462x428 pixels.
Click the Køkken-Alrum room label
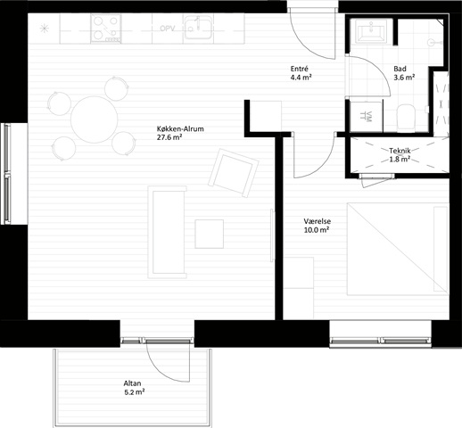pos(180,133)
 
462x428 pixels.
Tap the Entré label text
pos(299,69)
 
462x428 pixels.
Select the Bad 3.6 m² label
pos(404,73)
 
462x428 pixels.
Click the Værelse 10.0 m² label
pos(317,226)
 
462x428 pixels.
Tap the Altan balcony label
pos(135,388)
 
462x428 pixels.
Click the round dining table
pos(95,119)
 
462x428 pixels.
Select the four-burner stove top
pos(106,29)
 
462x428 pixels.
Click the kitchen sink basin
pos(198,28)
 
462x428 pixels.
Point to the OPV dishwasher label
pos(168,29)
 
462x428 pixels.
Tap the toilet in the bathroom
pos(406,118)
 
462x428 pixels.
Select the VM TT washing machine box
pos(367,117)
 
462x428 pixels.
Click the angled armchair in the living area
pos(234,173)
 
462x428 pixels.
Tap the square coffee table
pos(210,234)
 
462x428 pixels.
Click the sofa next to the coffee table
pos(167,232)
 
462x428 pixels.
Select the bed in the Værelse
pos(398,249)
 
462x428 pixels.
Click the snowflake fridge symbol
pos(44,29)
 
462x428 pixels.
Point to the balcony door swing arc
pos(161,368)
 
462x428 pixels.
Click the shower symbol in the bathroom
pos(433,43)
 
